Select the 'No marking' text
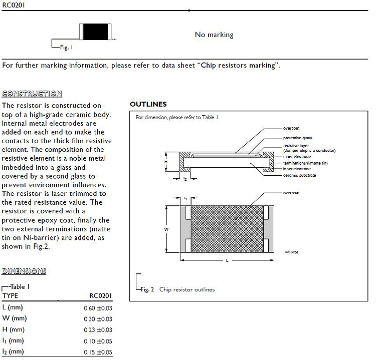(214, 35)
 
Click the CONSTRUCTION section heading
(32, 94)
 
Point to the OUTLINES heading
(148, 104)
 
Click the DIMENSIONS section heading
(24, 271)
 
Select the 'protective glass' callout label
(298, 138)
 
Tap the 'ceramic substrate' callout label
(299, 175)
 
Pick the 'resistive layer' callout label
(296, 146)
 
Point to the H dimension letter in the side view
(165, 162)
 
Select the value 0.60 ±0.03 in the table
(98, 307)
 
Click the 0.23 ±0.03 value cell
(98, 330)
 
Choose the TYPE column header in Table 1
(10, 296)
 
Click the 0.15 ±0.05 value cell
(98, 352)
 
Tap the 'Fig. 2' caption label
(147, 290)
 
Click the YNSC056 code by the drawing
(291, 253)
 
